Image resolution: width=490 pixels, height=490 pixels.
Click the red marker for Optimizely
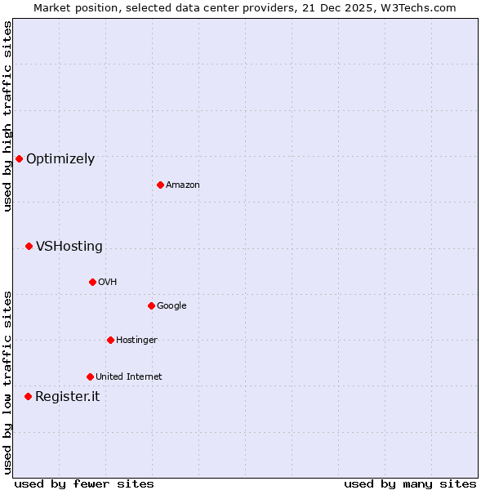(x=19, y=158)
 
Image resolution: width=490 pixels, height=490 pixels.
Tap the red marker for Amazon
(x=160, y=185)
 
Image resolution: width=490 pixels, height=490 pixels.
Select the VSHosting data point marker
(x=29, y=246)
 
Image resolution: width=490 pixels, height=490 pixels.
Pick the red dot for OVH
(x=92, y=282)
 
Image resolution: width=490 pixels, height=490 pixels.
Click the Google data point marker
(x=151, y=305)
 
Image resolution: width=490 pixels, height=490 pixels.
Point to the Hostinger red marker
(x=110, y=340)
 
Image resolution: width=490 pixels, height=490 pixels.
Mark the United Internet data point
(x=90, y=376)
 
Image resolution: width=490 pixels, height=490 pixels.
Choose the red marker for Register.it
(x=28, y=396)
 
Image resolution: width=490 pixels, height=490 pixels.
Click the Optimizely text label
(x=60, y=159)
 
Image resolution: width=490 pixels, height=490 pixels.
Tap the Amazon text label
(x=183, y=185)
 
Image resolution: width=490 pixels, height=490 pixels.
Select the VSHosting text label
(x=69, y=247)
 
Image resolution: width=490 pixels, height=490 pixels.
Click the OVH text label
(x=108, y=283)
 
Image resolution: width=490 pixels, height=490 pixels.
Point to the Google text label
(x=171, y=306)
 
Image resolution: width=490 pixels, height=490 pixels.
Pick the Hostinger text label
(x=136, y=341)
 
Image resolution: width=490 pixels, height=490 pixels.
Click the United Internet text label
(x=129, y=377)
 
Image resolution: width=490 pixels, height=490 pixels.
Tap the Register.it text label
(x=67, y=397)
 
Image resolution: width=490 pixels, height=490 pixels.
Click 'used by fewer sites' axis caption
(x=84, y=483)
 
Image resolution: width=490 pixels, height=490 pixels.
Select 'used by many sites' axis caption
(x=410, y=483)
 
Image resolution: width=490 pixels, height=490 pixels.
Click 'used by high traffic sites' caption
(x=7, y=116)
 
